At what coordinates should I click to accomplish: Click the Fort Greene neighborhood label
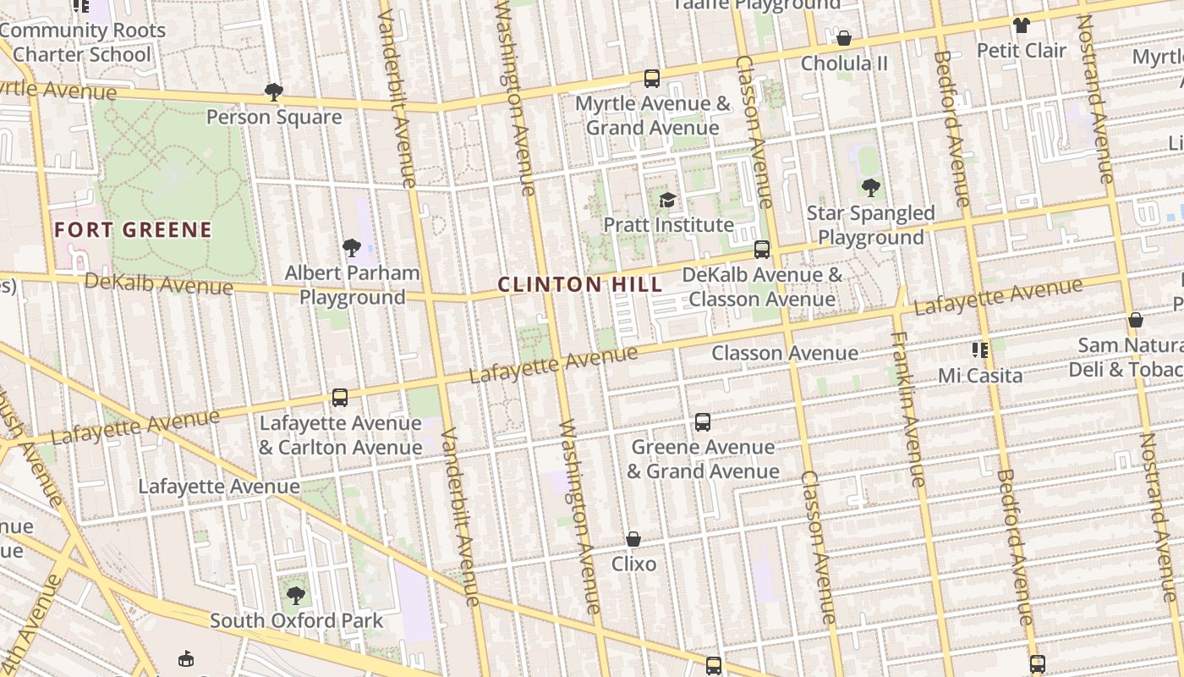(133, 229)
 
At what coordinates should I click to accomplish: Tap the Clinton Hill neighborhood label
(580, 284)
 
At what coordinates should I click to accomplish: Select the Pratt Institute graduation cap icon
(667, 200)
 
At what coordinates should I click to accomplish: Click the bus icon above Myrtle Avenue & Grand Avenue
(651, 79)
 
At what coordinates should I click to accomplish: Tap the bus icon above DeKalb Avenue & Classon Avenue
(761, 250)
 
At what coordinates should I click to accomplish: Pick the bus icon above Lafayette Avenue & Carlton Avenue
(340, 398)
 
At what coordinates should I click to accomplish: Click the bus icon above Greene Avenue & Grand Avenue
(702, 422)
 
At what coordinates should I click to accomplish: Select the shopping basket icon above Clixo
(633, 539)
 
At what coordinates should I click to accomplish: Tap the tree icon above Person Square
(273, 91)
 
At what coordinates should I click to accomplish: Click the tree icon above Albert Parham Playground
(352, 248)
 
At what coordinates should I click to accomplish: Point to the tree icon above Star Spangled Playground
(870, 188)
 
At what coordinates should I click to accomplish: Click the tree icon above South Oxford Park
(295, 596)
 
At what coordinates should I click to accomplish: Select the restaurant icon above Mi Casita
(980, 350)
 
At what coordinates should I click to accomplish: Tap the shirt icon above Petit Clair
(1022, 25)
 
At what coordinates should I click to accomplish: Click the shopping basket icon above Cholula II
(843, 38)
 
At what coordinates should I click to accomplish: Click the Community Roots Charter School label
(82, 42)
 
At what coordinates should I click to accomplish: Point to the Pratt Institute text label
(668, 225)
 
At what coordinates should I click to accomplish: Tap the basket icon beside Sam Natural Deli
(1136, 320)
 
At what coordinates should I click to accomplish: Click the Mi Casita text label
(980, 375)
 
